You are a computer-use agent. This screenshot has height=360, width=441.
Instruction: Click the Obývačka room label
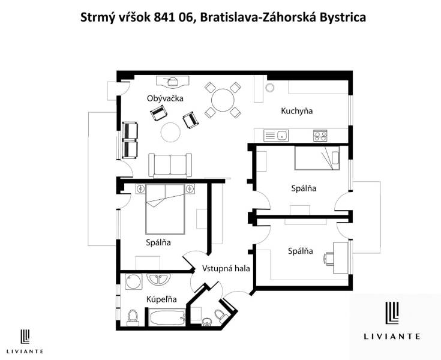click(165, 98)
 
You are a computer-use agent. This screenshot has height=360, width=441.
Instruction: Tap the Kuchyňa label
click(297, 111)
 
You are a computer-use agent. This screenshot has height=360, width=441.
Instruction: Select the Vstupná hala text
click(226, 268)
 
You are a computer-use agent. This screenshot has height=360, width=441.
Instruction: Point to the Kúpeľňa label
click(161, 299)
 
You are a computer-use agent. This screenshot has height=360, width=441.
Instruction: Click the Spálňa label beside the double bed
click(158, 242)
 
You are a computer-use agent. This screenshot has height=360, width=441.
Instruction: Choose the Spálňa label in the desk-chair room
click(300, 251)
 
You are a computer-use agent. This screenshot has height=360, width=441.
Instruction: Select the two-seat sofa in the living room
click(171, 163)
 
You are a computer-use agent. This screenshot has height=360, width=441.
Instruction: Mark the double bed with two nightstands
click(164, 210)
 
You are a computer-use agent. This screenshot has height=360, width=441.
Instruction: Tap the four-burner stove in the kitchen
click(320, 136)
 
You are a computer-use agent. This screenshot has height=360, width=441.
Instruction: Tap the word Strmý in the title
click(97, 17)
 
